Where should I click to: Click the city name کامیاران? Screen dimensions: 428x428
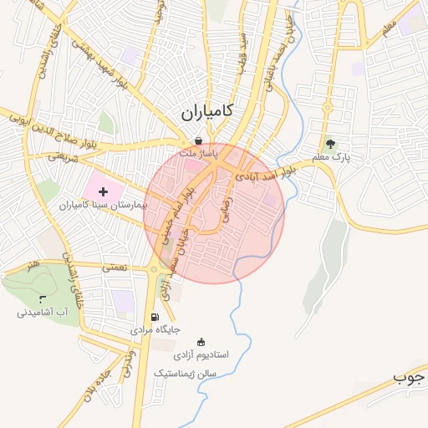click(x=206, y=111)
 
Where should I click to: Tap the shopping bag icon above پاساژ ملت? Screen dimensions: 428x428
click(x=198, y=140)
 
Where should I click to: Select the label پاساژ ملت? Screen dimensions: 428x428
click(x=201, y=155)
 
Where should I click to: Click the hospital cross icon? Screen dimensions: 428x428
click(x=102, y=192)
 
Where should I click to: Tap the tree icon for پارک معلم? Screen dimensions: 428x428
click(x=329, y=143)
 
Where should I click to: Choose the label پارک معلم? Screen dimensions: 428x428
click(x=330, y=156)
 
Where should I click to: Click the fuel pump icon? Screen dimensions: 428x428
click(x=155, y=317)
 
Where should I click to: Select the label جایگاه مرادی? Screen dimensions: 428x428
click(x=155, y=331)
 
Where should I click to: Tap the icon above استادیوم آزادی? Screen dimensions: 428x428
click(x=201, y=341)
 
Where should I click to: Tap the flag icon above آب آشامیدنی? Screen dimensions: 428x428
click(x=43, y=298)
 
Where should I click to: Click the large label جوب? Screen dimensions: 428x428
click(x=410, y=378)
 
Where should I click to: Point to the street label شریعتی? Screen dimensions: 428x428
click(x=63, y=155)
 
